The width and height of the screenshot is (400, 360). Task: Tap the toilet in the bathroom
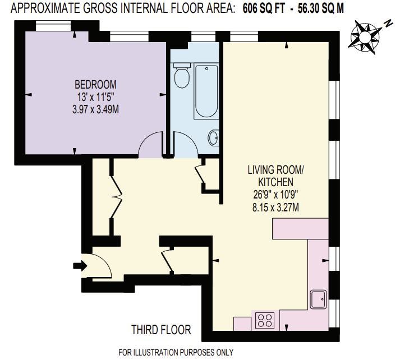click(181, 76)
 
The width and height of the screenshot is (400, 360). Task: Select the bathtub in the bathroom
click(205, 91)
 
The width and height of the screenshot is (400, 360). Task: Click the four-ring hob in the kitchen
click(264, 320)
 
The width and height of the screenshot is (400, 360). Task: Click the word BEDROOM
click(96, 85)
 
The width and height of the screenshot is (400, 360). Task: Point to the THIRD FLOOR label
click(161, 330)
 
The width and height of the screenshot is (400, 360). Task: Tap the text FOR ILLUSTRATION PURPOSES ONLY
click(175, 353)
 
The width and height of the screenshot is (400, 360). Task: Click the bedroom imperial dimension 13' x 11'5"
click(96, 97)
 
